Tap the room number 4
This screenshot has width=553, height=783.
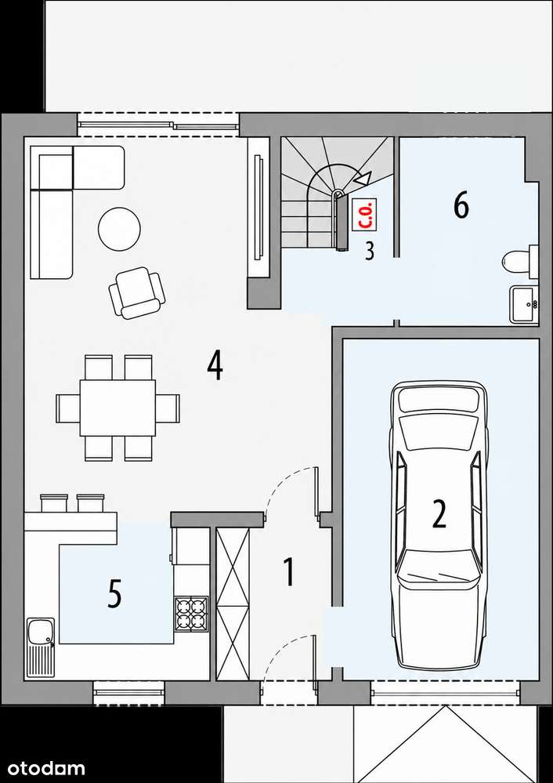click(215, 365)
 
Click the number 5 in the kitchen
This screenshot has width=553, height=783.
click(114, 593)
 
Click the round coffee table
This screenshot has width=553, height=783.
click(119, 228)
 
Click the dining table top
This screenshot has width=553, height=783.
click(117, 408)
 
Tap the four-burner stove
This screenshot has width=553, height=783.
click(192, 614)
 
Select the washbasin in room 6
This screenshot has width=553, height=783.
click(523, 304)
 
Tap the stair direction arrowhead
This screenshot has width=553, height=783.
click(363, 179)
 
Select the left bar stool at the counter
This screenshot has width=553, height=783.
click(54, 503)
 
